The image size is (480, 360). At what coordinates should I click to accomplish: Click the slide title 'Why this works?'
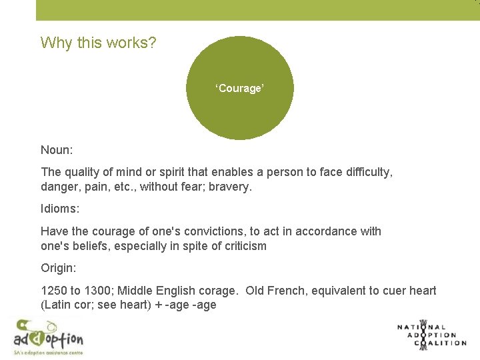click(x=99, y=43)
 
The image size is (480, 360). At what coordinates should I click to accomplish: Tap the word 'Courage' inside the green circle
click(x=240, y=88)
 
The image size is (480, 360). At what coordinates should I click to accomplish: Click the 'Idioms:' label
click(x=60, y=209)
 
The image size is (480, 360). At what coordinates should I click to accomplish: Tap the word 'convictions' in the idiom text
click(x=225, y=231)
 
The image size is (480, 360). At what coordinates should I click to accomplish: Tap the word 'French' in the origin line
click(x=290, y=291)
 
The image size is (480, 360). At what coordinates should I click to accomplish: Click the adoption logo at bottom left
click(x=48, y=336)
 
